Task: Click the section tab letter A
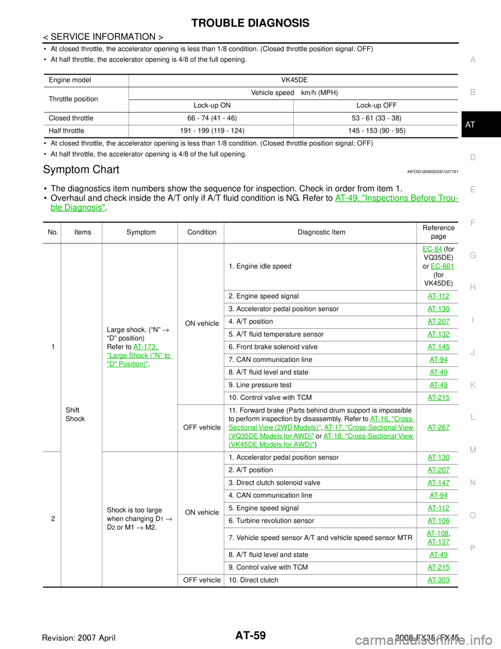[472, 60]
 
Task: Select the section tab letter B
[472, 92]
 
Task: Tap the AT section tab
[470, 125]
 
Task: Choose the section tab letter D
[472, 157]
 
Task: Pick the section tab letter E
[472, 190]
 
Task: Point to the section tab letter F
[472, 223]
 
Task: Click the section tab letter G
[472, 255]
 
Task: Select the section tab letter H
[472, 287]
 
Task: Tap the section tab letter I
[472, 320]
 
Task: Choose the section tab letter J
[472, 353]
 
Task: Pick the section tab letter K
[472, 385]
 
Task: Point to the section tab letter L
[472, 418]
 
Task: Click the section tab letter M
[472, 450]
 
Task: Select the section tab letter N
[472, 483]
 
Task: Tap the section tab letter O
[472, 515]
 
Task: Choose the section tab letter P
[472, 548]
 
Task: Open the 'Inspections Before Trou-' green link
[397, 198]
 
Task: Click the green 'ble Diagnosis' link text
[78, 207]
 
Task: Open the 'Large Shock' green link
[139, 355]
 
